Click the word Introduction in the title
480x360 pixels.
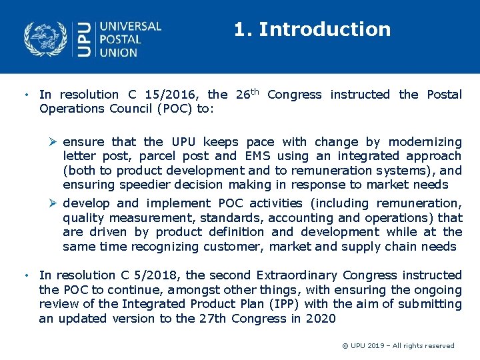pyautogui.click(x=324, y=29)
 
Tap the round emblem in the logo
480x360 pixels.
pyautogui.click(x=45, y=39)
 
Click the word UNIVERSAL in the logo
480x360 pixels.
pyautogui.click(x=130, y=27)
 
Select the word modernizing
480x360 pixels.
pyautogui.click(x=425, y=142)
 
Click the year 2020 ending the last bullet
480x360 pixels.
pyautogui.click(x=321, y=319)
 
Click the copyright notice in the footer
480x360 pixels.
pyautogui.click(x=398, y=345)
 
